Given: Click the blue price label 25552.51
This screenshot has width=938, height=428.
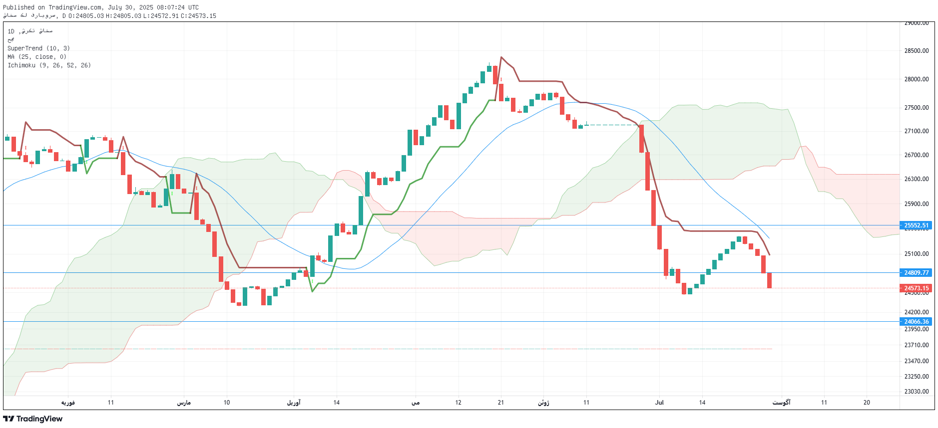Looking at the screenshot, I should coord(916,225).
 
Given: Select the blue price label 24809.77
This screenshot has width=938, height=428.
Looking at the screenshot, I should coord(916,273).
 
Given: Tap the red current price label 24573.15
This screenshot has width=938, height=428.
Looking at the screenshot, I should coord(916,288).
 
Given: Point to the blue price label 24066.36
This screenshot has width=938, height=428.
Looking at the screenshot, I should coord(916,322).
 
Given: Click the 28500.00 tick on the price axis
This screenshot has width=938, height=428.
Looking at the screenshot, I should coord(916,51).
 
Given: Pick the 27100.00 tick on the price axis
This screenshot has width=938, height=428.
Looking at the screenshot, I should coord(916,131).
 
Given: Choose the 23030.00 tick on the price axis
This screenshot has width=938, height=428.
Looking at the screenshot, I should coord(916,392).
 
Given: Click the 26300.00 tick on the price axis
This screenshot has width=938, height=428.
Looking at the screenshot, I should coord(916,179).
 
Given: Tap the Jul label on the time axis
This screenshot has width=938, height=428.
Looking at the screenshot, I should coord(659,403).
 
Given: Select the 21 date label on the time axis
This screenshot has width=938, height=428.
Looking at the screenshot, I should coord(501,403).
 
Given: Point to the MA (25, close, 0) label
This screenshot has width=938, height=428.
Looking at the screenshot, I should coord(37,57).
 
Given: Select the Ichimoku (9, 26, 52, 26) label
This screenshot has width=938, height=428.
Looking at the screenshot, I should coord(49,65).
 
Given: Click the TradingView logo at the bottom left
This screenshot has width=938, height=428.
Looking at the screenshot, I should coord(33,419).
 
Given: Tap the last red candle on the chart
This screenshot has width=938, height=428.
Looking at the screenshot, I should coord(769,280).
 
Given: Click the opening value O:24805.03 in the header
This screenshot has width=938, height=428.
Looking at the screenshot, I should coord(86,16).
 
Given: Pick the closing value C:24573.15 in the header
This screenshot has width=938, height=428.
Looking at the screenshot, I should coord(198,16).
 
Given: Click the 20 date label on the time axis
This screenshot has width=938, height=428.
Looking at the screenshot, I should coord(867,403).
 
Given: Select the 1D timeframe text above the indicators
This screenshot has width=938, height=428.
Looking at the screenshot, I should coord(11,31).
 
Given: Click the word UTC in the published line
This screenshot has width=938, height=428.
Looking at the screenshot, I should coord(193,7).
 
